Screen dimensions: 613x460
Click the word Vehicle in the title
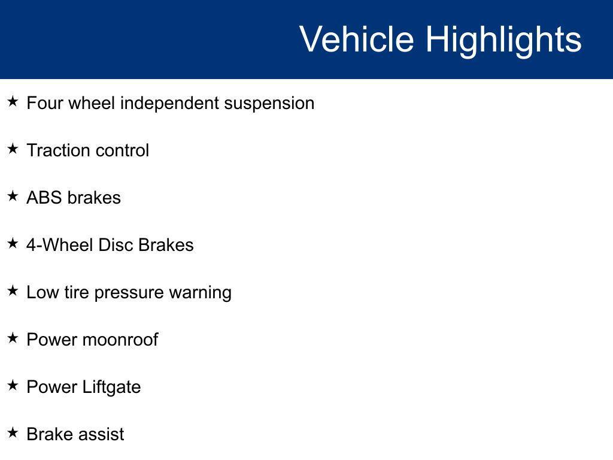[357, 39]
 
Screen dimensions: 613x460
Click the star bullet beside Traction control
[13, 149]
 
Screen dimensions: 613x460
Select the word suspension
[269, 104]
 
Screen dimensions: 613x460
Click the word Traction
[58, 150]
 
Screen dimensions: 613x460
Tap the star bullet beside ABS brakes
[13, 196]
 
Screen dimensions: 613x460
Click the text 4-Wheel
[60, 245]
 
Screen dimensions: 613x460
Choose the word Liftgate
[112, 388]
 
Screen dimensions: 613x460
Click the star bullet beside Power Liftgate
[13, 385]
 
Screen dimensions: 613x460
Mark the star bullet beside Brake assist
[13, 432]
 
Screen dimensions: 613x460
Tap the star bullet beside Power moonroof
[13, 338]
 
